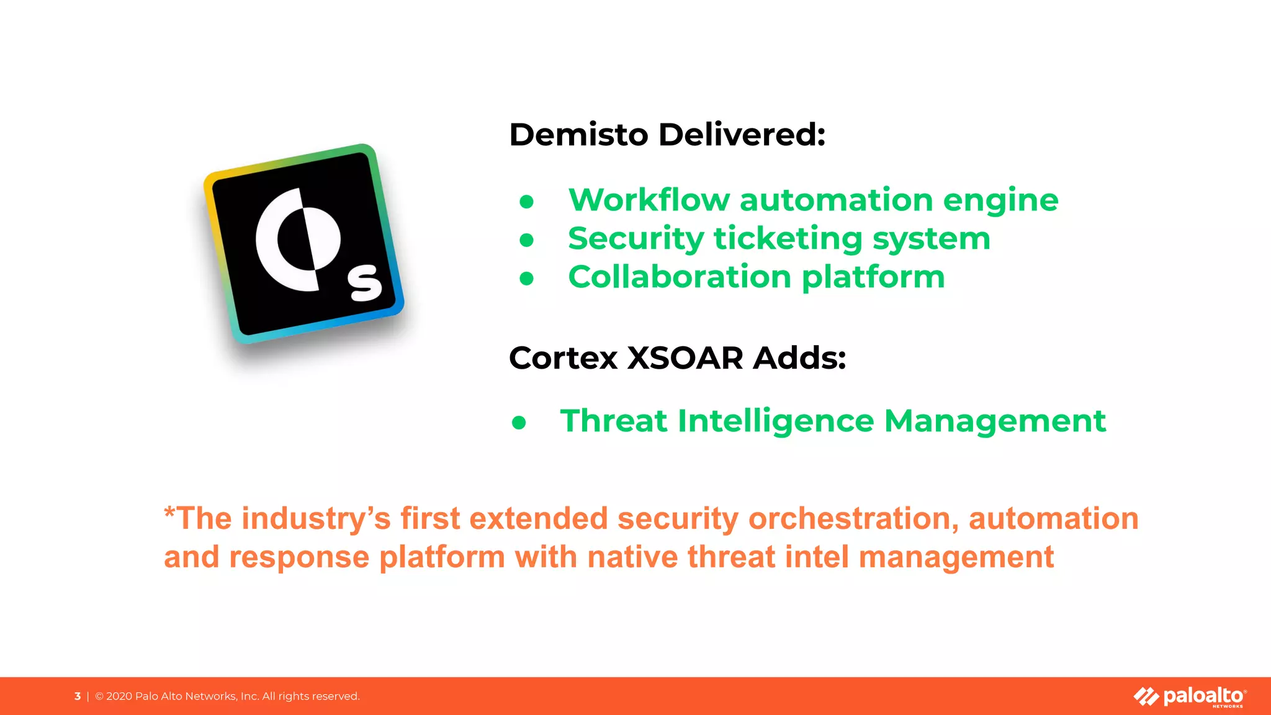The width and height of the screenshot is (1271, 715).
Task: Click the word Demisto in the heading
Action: coord(578,135)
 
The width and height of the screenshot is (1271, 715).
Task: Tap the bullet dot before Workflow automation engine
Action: coord(527,202)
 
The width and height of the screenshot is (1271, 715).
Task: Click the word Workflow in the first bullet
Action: coord(649,200)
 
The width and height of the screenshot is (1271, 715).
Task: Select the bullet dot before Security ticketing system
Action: coord(527,240)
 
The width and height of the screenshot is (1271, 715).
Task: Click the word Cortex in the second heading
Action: coord(564,358)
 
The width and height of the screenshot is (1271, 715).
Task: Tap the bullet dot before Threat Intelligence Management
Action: coord(519,423)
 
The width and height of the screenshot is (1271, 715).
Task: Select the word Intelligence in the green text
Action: coord(776,422)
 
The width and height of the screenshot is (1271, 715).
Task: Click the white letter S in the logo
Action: coord(365,283)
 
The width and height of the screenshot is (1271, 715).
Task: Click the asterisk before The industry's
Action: coord(169,514)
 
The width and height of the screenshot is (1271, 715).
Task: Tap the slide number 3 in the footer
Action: coord(78,696)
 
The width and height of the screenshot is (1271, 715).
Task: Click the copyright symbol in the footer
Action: coord(99,696)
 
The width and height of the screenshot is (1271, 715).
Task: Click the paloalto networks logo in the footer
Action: coord(1190,696)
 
